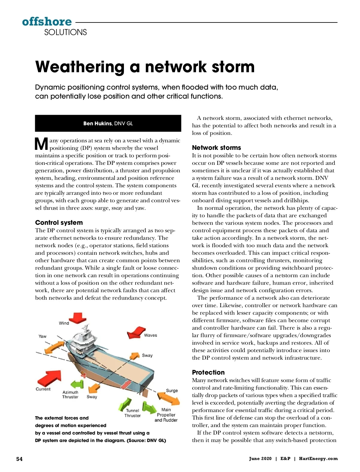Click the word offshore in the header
[x=47, y=22]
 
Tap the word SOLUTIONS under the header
[x=65, y=32]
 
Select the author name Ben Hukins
[x=97, y=123]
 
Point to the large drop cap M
[x=41, y=144]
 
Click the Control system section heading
[x=59, y=223]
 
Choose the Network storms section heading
[x=216, y=148]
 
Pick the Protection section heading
[x=208, y=373]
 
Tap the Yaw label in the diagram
[x=42, y=336]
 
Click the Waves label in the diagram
[x=150, y=335]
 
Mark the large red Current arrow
[x=49, y=378]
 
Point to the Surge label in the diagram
[x=172, y=390]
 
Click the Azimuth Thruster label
[x=70, y=394]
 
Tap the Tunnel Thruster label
[x=132, y=413]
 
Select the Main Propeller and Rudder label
[x=166, y=415]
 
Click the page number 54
[x=19, y=459]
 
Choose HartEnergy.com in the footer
[x=318, y=459]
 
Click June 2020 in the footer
[x=260, y=459]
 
